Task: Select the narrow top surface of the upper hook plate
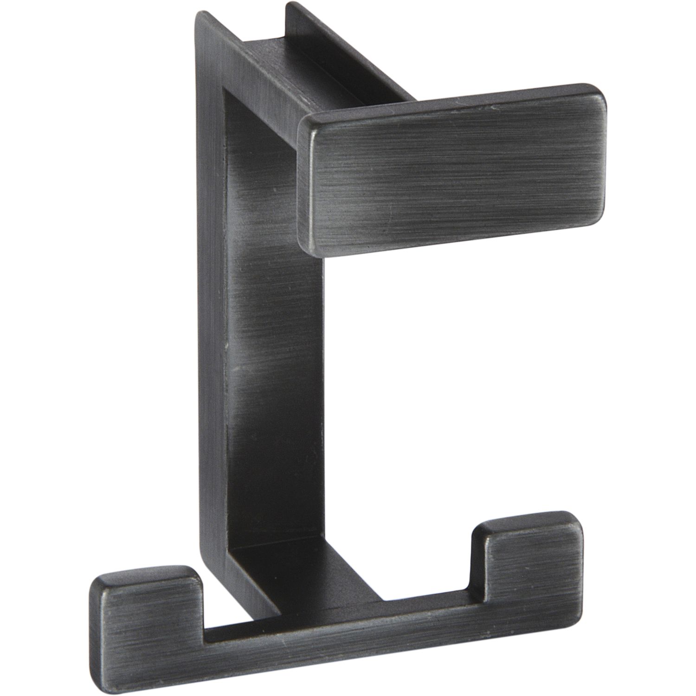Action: pos(445,100)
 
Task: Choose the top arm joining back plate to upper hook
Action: pos(325,70)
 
